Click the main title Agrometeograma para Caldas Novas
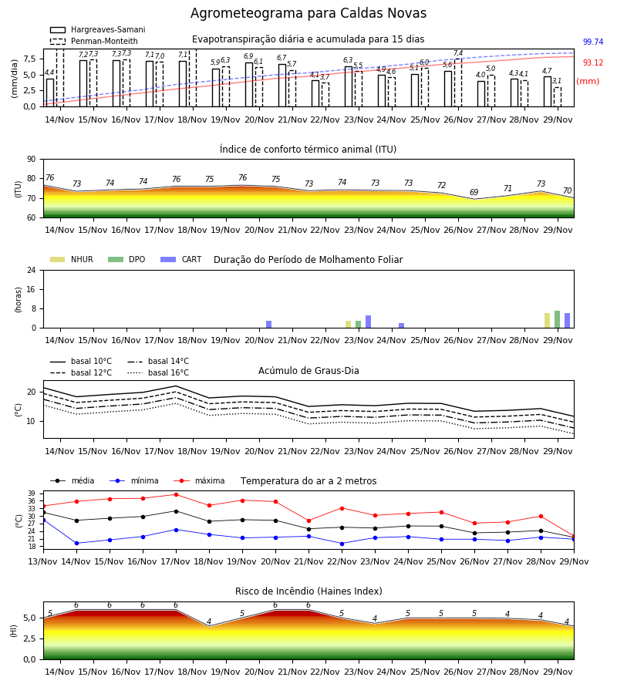[x=308, y=13]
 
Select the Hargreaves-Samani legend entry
[x=97, y=29]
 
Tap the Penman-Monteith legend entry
[x=94, y=41]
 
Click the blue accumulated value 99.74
[x=593, y=42]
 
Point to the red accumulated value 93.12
[x=593, y=63]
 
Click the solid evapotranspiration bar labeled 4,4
[x=50, y=93]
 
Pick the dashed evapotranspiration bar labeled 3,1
[x=558, y=97]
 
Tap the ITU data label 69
[x=474, y=192]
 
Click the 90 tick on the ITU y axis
[x=32, y=160]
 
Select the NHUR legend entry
[x=72, y=259]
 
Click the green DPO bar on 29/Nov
[x=558, y=319]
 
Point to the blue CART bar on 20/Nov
[x=268, y=325]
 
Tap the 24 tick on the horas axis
[x=32, y=270]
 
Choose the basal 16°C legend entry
[x=158, y=372]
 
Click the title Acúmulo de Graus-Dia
[x=308, y=371]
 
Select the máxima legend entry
[x=199, y=480]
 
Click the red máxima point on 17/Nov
[x=176, y=494]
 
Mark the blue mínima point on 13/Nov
[x=43, y=520]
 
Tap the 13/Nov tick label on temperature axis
[x=43, y=561]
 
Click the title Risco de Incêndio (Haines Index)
[x=308, y=591]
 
